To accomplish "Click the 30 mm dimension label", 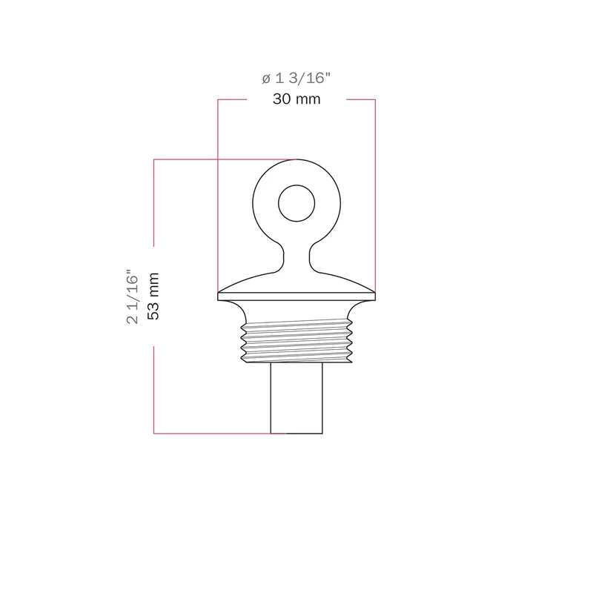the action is click(296, 99).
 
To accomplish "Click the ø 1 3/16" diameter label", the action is click(296, 79).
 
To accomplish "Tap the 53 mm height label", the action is click(153, 296).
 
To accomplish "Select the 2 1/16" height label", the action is click(133, 296).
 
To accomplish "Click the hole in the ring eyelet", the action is click(296, 203).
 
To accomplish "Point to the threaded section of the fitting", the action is click(296, 341).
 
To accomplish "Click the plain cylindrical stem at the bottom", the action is click(296, 398).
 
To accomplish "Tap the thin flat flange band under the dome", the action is click(296, 296).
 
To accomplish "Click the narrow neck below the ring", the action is click(296, 256).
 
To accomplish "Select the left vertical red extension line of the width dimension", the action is click(218, 196).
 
